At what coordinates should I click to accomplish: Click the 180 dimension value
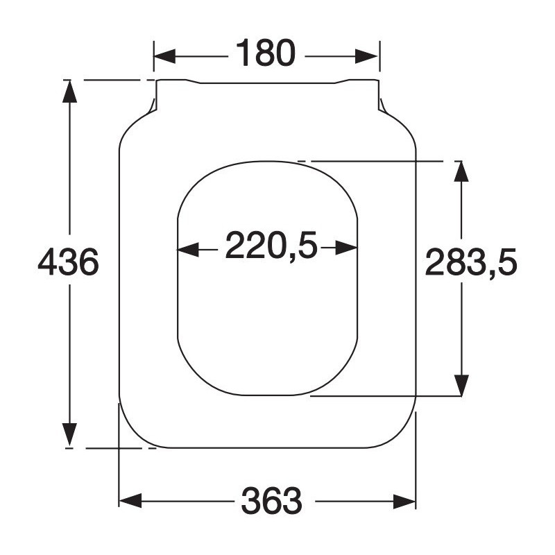[266, 53]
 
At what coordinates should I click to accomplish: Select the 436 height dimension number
[68, 262]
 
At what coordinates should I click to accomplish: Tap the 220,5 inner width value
[271, 245]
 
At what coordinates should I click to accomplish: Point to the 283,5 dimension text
[471, 262]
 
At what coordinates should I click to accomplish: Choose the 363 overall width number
[272, 500]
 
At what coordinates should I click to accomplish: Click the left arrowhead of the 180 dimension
[164, 56]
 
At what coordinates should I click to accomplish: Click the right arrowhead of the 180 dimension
[367, 56]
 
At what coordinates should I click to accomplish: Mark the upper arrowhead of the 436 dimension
[70, 92]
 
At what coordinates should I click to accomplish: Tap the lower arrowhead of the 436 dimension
[70, 434]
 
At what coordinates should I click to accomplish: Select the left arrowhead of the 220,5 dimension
[188, 249]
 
